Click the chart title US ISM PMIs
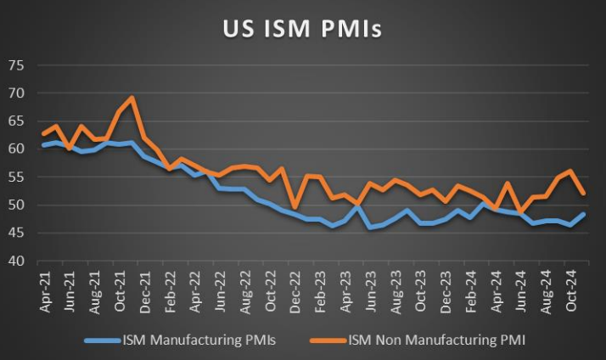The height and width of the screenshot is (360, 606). [x=302, y=29]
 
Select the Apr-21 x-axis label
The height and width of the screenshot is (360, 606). [x=44, y=289]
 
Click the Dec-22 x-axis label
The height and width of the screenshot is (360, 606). [x=295, y=289]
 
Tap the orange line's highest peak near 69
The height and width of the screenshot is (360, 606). [x=132, y=98]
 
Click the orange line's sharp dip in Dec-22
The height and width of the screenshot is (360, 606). [x=295, y=207]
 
